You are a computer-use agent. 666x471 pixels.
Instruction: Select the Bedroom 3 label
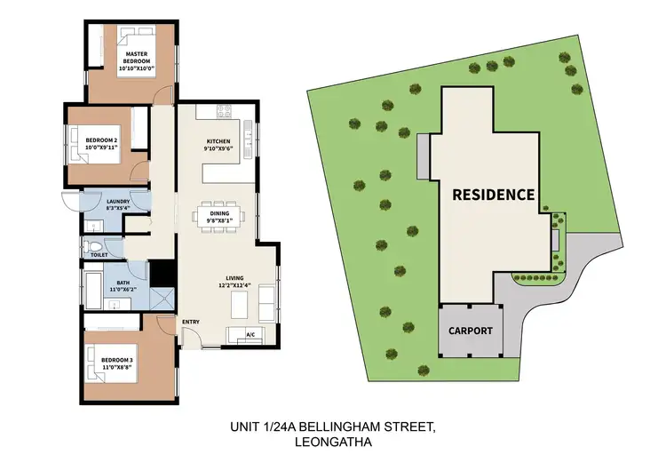click(117, 361)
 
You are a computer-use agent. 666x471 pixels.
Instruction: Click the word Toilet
click(99, 255)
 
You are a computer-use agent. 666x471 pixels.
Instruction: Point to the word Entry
click(190, 321)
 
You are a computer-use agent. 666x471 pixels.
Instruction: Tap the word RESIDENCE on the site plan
click(493, 194)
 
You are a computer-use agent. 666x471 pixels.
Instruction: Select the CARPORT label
click(470, 331)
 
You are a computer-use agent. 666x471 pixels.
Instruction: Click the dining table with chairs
click(218, 216)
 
